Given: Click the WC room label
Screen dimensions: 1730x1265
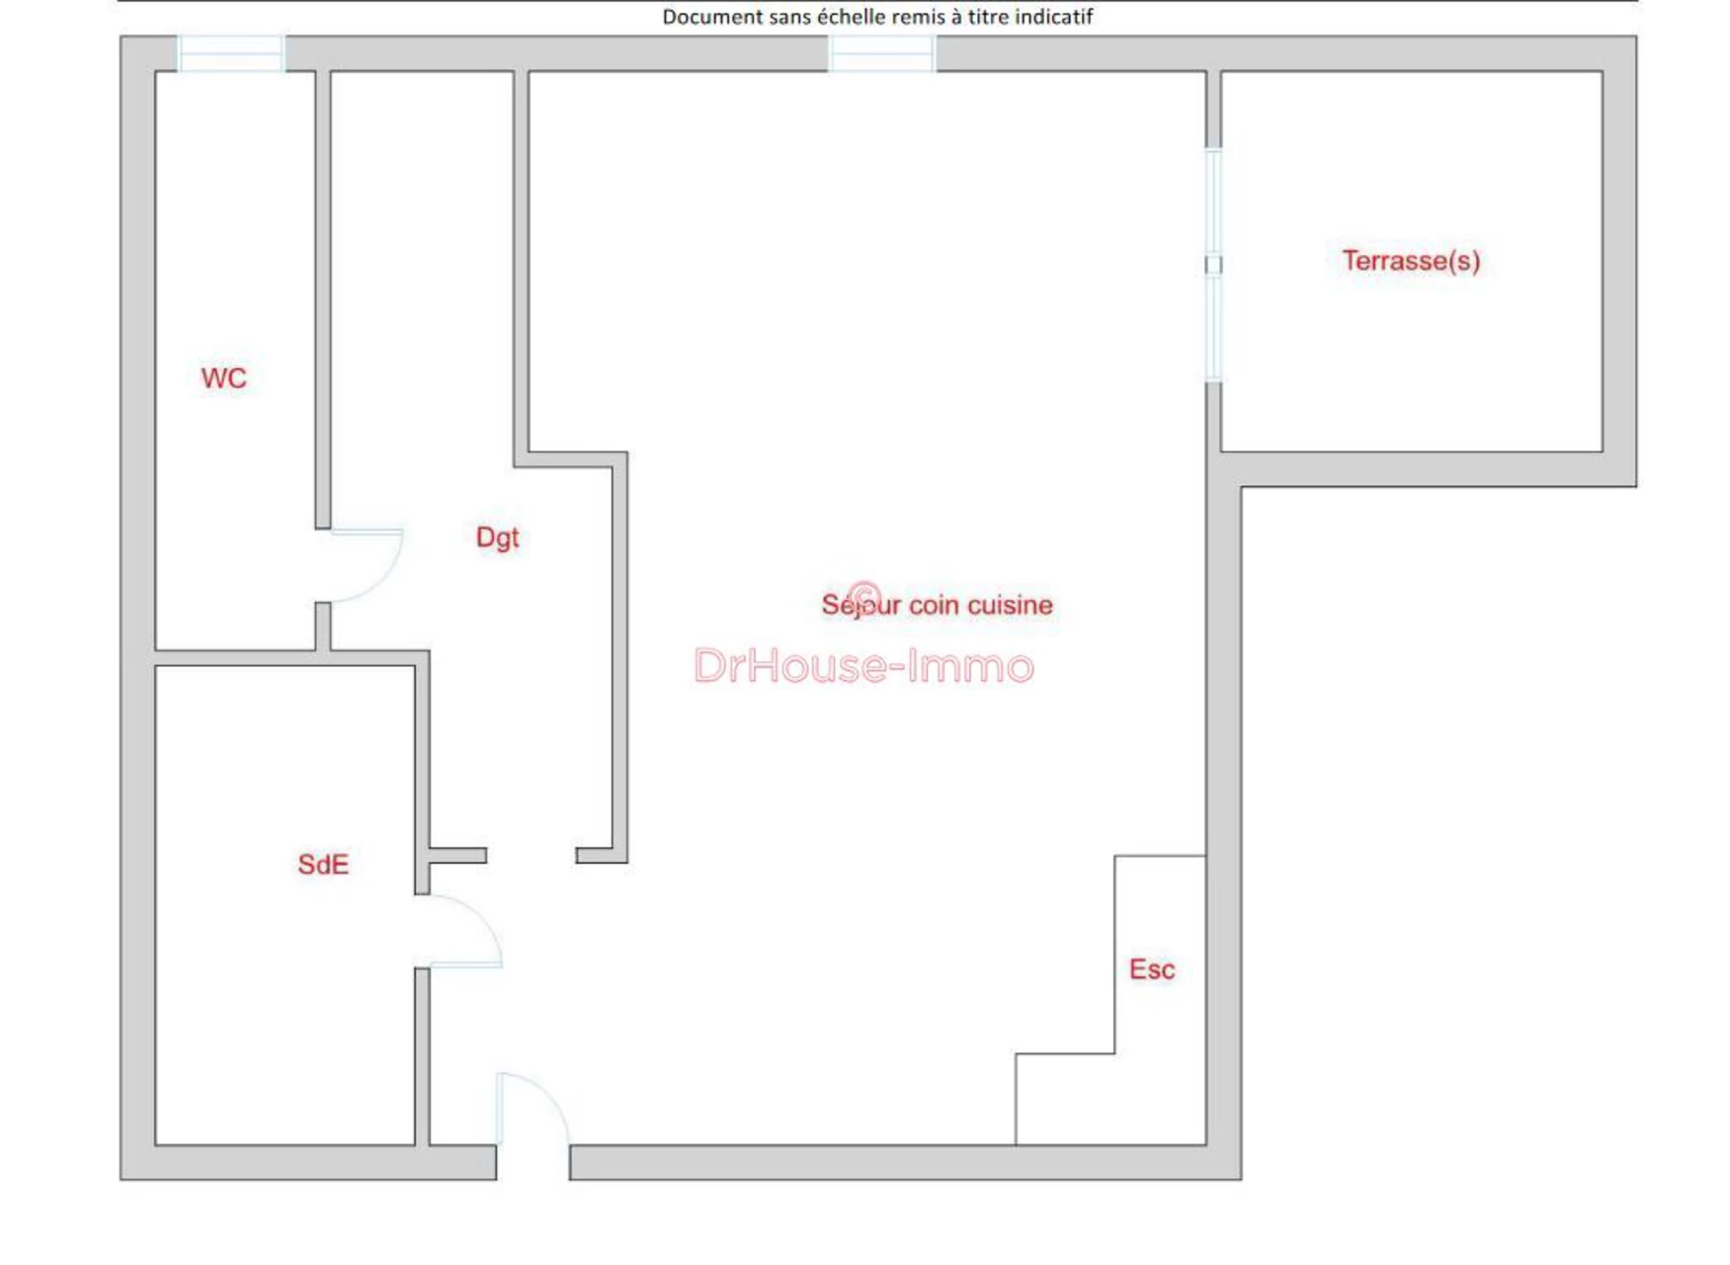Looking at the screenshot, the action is (223, 379).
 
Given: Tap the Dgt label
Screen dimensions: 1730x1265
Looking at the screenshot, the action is (497, 538).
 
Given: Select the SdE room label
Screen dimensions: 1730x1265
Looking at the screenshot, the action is (323, 865).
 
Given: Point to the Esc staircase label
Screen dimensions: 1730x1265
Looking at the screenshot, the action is (1152, 970).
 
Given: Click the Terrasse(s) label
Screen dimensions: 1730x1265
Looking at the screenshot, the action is (1411, 261).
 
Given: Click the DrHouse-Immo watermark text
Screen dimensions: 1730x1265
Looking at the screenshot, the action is (864, 666).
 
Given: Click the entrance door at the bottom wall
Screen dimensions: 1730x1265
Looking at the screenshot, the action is (534, 1110).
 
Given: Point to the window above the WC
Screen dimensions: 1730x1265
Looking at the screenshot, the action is (231, 53).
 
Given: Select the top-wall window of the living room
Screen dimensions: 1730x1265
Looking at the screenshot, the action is (881, 53).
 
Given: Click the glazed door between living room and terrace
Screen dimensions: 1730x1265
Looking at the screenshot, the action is (1213, 265).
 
